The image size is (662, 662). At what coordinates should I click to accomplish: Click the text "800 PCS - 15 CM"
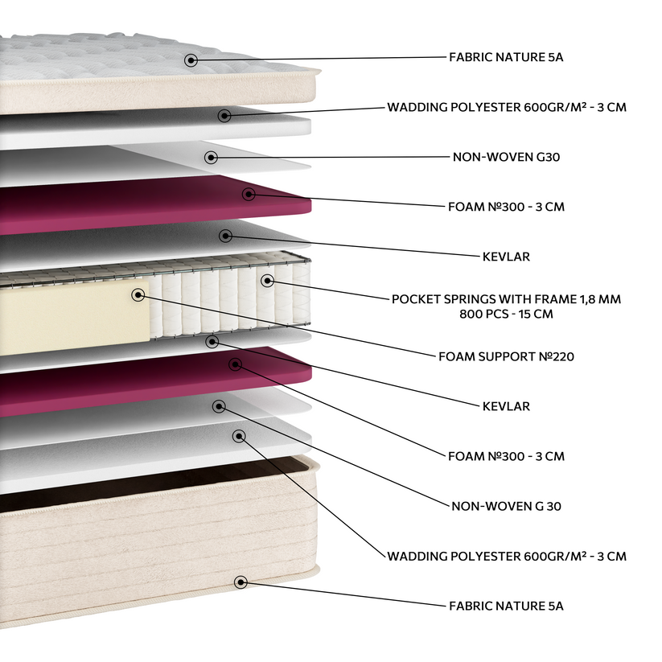(x=506, y=314)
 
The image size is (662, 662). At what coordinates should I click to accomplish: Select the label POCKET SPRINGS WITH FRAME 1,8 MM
(x=506, y=299)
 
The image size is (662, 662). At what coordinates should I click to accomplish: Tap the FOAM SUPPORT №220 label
(x=506, y=356)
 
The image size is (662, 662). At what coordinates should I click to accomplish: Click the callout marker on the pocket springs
(x=266, y=281)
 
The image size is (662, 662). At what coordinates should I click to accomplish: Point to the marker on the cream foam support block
(x=138, y=295)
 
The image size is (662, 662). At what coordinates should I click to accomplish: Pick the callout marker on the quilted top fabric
(x=191, y=60)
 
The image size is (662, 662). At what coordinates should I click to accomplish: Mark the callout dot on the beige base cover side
(x=240, y=582)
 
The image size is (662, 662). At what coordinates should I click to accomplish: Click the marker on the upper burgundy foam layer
(x=249, y=194)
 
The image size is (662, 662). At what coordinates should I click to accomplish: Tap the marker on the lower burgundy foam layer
(x=235, y=364)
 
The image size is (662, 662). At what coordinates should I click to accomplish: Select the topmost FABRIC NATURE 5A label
(x=506, y=58)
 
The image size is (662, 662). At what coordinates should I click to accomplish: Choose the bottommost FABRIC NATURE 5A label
(x=506, y=606)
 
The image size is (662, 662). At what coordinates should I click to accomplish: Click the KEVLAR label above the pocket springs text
(x=506, y=257)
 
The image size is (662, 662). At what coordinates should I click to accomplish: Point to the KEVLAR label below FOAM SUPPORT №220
(x=506, y=406)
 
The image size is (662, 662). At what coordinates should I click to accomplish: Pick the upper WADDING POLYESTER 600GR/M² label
(x=506, y=107)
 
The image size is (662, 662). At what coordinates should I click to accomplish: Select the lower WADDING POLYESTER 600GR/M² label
(x=506, y=556)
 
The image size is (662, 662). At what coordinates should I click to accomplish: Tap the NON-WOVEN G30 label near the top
(x=506, y=157)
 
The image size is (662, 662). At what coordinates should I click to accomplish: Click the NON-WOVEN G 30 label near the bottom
(x=506, y=506)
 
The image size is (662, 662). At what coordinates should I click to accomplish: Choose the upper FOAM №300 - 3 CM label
(x=506, y=207)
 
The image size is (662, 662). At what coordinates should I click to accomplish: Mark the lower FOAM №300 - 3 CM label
(x=506, y=456)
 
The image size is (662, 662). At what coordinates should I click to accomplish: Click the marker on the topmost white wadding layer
(x=224, y=116)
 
